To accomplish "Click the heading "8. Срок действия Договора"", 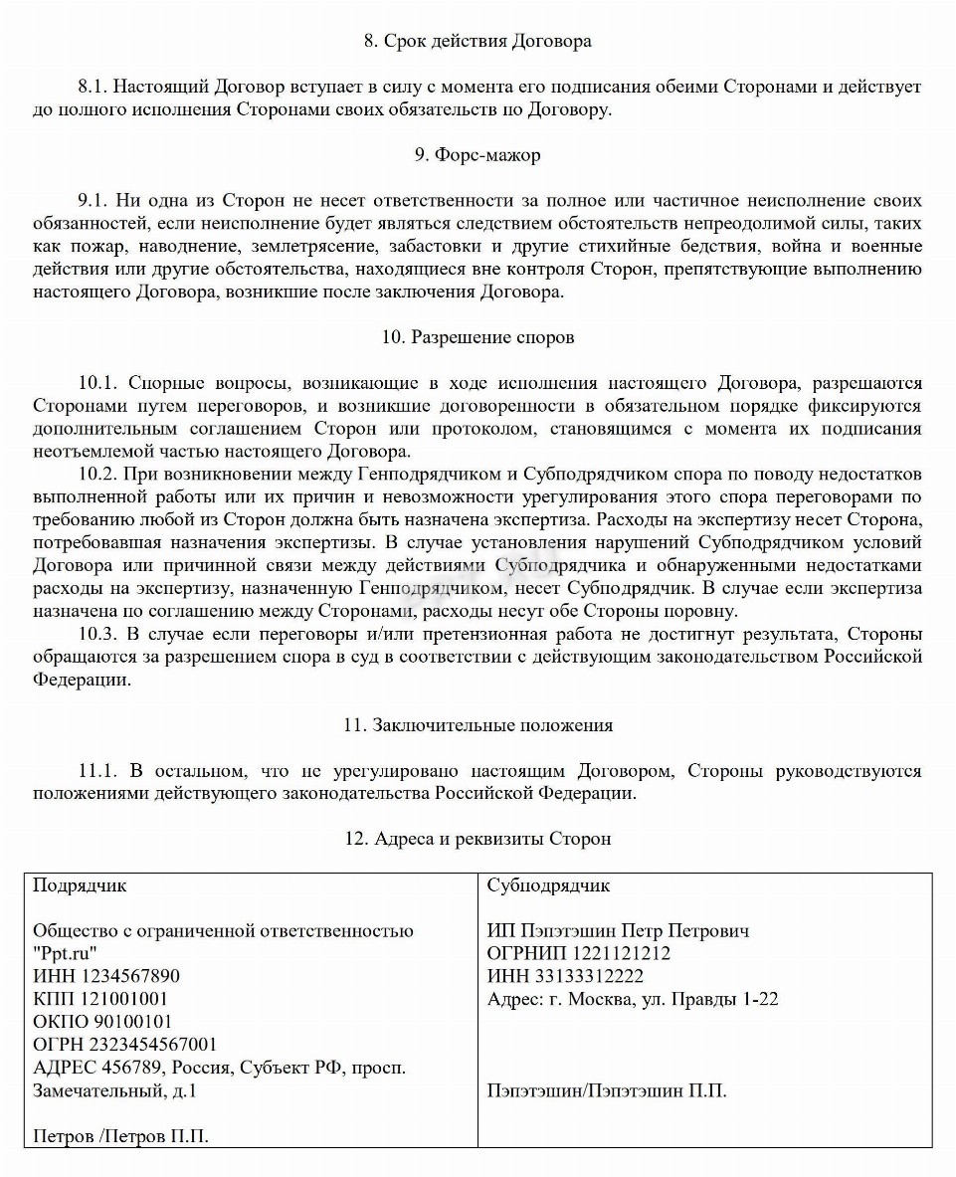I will pos(478,41).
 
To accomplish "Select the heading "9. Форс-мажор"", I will pos(478,154).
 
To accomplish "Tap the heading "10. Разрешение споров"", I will pos(478,337).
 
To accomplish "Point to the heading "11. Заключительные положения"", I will pos(478,725).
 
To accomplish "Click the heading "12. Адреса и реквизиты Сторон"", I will pos(478,839).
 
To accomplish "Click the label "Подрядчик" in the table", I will pos(80,885).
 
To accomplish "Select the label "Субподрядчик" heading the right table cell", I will pos(549,885).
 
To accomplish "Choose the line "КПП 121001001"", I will pos(100,999).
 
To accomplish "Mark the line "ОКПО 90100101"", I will pos(102,1022).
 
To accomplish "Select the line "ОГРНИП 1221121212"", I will pos(579,953).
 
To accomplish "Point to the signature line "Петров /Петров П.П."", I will pos(120,1136).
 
